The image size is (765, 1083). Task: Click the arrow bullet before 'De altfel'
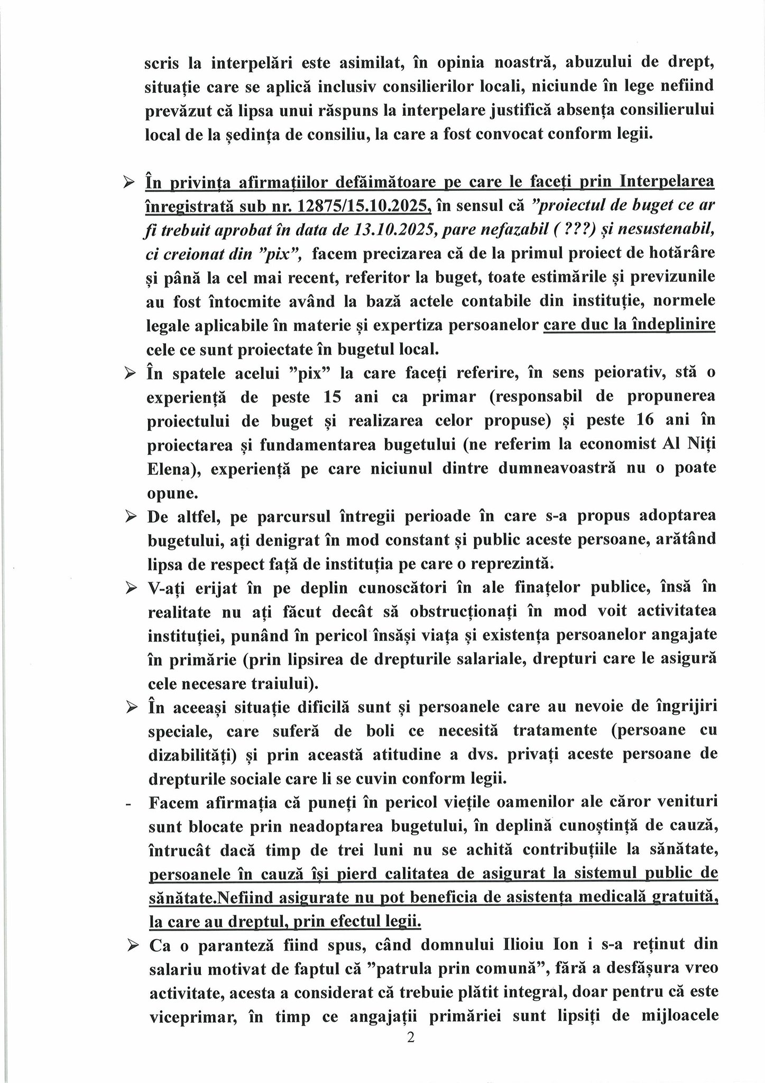pyautogui.click(x=129, y=517)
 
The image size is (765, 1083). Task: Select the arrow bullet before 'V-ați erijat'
pyautogui.click(x=129, y=588)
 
